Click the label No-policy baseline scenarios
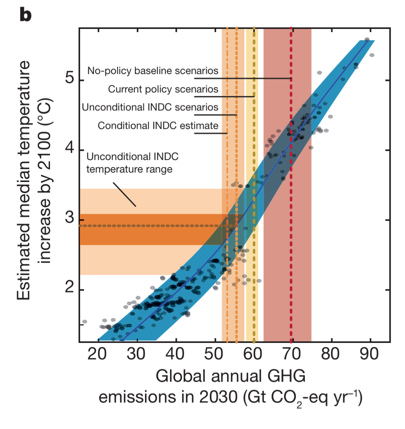pos(153,71)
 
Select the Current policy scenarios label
pos(163,89)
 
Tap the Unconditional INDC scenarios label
pos(150,107)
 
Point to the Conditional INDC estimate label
pos(158,125)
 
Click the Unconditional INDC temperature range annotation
pos(133,163)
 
